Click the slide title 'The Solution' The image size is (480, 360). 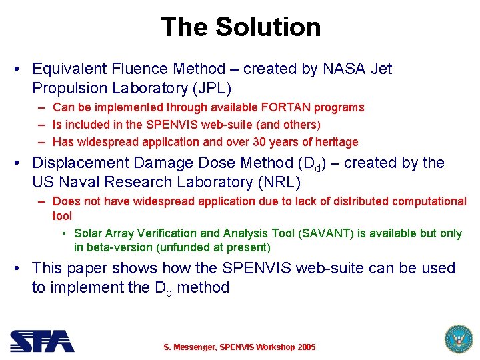[241, 27]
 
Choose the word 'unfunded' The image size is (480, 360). [185, 248]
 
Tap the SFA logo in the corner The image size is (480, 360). [41, 341]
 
